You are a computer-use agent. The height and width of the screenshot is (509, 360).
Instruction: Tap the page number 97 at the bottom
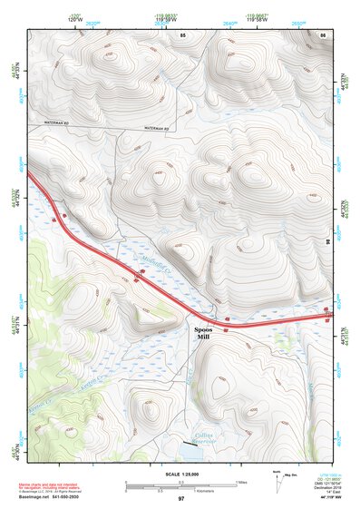(x=181, y=499)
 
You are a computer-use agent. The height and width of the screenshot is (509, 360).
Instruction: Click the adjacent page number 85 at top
(x=182, y=34)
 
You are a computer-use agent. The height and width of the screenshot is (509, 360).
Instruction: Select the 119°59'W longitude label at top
(x=166, y=17)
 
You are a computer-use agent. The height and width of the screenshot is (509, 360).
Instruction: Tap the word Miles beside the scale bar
(x=241, y=482)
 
